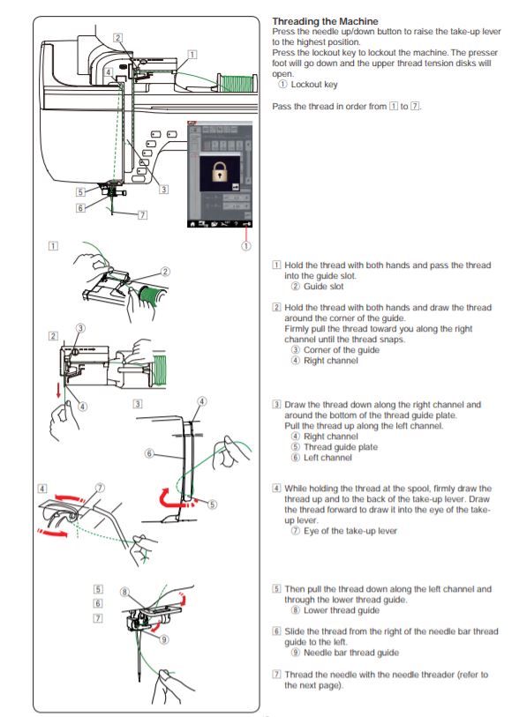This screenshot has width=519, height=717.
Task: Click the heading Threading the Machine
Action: [x=325, y=21]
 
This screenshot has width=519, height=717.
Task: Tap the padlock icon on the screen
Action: [x=220, y=171]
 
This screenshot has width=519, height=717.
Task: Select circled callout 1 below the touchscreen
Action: [x=245, y=246]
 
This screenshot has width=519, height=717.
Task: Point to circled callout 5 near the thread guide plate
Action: [x=212, y=504]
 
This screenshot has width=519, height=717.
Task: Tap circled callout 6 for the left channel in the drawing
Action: [x=149, y=453]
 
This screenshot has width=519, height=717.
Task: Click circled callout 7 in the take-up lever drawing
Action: [x=101, y=488]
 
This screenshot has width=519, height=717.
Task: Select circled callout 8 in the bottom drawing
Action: [x=124, y=592]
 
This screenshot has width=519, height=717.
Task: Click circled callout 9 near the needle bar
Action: [x=164, y=639]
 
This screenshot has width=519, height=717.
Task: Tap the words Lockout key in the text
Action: [x=314, y=85]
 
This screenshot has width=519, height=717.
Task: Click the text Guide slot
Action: [x=324, y=287]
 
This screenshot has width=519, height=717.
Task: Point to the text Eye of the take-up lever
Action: [x=350, y=531]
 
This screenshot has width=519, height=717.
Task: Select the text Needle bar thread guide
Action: [x=351, y=653]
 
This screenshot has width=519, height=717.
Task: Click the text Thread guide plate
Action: [x=341, y=447]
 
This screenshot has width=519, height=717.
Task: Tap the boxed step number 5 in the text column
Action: [x=276, y=588]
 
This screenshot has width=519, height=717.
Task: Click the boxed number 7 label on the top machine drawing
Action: [x=143, y=215]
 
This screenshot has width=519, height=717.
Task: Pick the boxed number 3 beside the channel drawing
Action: [x=138, y=404]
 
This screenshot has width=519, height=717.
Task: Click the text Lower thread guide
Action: [x=342, y=610]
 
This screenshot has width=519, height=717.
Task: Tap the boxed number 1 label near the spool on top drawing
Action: [x=192, y=55]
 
